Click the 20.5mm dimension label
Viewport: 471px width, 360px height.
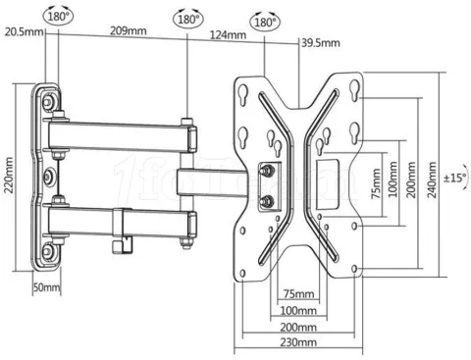24,32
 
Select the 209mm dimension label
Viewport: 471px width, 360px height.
129,31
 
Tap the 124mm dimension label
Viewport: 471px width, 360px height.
228,35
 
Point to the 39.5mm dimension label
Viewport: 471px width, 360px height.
321,43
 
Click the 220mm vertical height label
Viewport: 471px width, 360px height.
9,176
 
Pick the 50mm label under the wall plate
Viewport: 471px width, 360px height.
47,287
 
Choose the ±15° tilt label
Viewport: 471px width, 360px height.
455,179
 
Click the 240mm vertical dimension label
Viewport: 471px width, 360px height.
432,180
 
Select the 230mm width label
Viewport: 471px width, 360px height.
298,342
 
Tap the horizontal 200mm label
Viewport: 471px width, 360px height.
298,327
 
